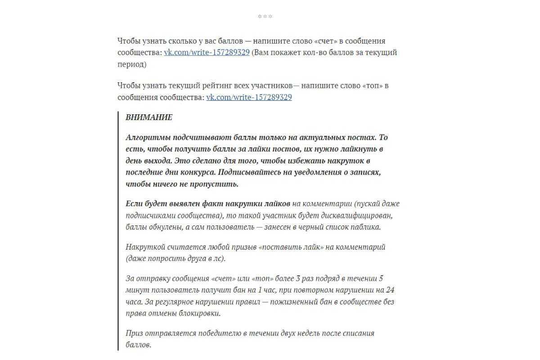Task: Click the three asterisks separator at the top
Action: tap(265, 17)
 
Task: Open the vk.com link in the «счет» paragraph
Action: tap(207, 52)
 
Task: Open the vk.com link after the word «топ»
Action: tap(249, 97)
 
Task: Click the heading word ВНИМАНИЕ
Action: tap(149, 117)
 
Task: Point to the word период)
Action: tap(132, 64)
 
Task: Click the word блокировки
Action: tap(199, 314)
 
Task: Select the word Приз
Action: tap(135, 333)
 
